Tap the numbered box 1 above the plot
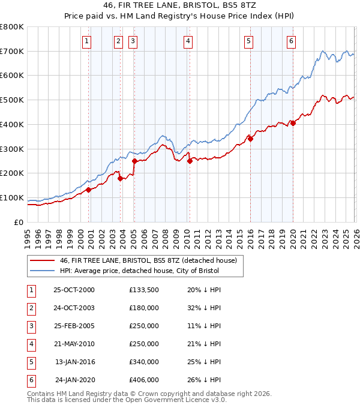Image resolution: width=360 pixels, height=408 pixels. tap(87, 41)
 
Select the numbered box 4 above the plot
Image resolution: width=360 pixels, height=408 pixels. tap(188, 41)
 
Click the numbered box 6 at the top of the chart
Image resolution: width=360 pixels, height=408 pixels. tap(291, 41)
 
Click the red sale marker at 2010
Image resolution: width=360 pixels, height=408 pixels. tap(190, 161)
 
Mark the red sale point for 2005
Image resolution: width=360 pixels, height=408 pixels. tap(134, 161)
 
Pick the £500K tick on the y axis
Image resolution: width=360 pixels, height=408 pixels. tap(12, 100)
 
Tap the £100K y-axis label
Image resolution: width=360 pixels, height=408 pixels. tap(12, 197)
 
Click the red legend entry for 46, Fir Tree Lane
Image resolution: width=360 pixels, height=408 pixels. tap(148, 260)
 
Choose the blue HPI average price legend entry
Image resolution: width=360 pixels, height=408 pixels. tap(139, 271)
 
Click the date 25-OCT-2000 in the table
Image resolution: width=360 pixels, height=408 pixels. tap(74, 290)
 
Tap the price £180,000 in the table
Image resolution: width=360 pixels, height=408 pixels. tap(144, 308)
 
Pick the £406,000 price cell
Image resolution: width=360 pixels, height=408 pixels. tap(144, 380)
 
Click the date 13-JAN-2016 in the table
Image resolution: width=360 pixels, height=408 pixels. tap(75, 362)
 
